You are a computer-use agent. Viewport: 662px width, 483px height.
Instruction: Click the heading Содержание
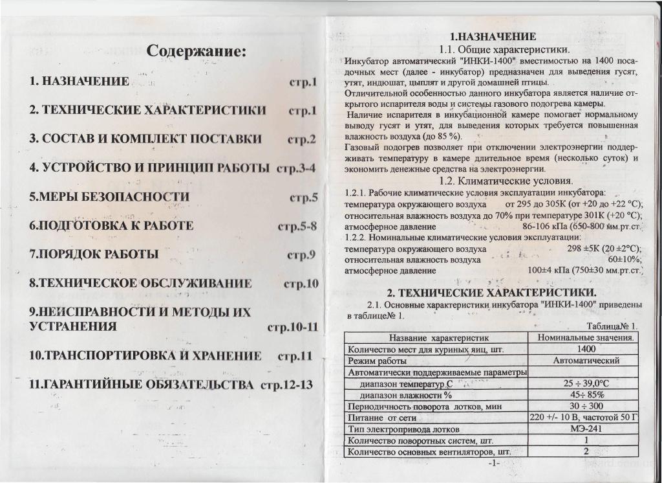click(197, 51)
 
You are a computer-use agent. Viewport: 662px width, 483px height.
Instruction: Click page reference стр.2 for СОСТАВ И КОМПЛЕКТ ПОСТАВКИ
click(301, 139)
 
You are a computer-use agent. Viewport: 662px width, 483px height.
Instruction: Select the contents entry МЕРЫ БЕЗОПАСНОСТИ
click(110, 197)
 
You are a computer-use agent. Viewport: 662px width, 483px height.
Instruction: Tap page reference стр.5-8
click(297, 226)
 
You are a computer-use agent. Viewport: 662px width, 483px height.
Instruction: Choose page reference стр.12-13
click(286, 385)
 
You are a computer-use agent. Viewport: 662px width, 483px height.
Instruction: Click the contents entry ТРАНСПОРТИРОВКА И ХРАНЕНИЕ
click(146, 355)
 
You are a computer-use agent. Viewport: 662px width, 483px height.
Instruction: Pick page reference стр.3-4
click(296, 168)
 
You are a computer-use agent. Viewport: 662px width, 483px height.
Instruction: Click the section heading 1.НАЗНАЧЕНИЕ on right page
click(493, 36)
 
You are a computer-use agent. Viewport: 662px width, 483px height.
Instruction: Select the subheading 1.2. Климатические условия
click(505, 181)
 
